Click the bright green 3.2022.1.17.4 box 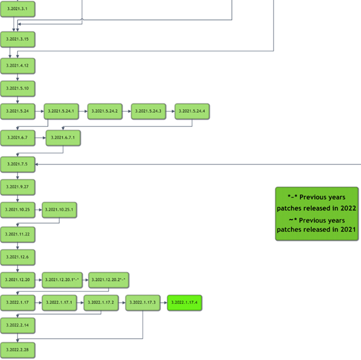pyautogui.click(x=185, y=303)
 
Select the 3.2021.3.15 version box pyautogui.click(x=18, y=39)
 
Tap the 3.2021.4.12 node pyautogui.click(x=18, y=66)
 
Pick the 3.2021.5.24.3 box pyautogui.click(x=149, y=111)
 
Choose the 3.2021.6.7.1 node pyautogui.click(x=63, y=138)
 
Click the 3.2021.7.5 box pyautogui.click(x=18, y=164)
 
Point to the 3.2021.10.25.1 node pyautogui.click(x=59, y=210)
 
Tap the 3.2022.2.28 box pyautogui.click(x=18, y=350)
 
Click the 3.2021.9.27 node pyautogui.click(x=18, y=188)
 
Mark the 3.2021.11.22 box pyautogui.click(x=18, y=234)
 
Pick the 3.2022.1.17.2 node pyautogui.click(x=101, y=303)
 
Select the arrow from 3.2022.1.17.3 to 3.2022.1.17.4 pyautogui.click(x=164, y=303)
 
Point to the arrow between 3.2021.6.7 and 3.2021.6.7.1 pyautogui.click(x=40, y=138)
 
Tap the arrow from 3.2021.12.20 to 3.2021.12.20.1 pyautogui.click(x=39, y=280)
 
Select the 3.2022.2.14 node pyautogui.click(x=18, y=326)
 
